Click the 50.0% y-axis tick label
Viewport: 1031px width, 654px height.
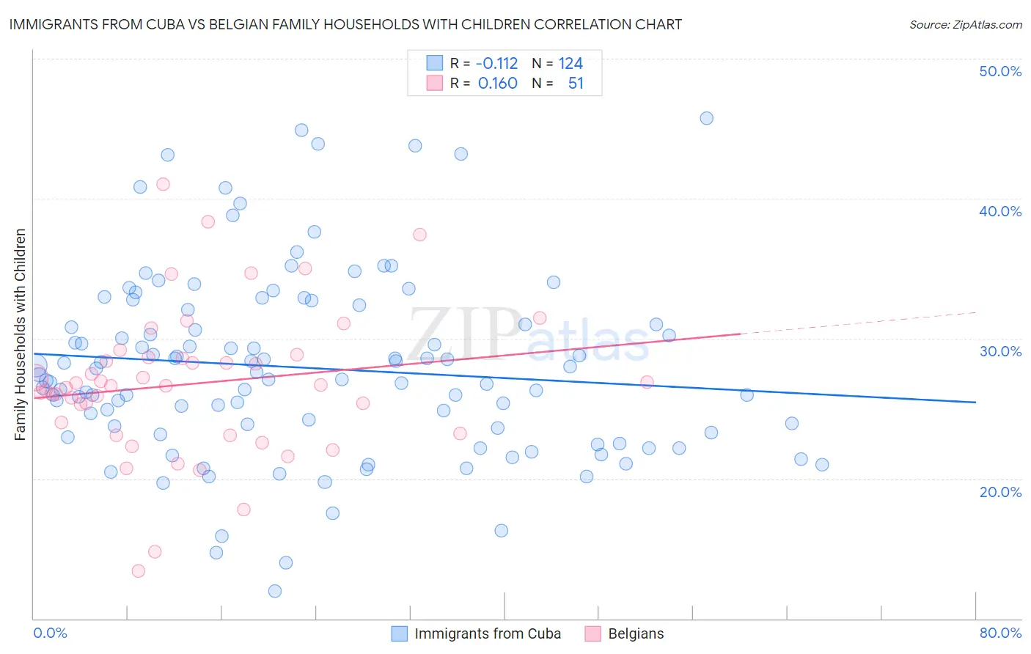pyautogui.click(x=1000, y=71)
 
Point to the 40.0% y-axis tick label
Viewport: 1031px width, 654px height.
pyautogui.click(x=1000, y=211)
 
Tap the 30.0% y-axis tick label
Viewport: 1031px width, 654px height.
pyautogui.click(x=1000, y=351)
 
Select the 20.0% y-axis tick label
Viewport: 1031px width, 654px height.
pyautogui.click(x=1000, y=491)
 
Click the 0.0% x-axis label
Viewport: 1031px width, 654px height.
pyautogui.click(x=50, y=633)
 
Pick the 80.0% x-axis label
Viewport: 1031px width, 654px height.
pyautogui.click(x=1000, y=633)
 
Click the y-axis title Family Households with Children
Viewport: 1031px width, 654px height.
pyautogui.click(x=20, y=334)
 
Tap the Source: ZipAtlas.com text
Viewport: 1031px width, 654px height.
pyautogui.click(x=965, y=24)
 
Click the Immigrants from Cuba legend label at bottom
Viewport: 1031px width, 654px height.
pyautogui.click(x=488, y=633)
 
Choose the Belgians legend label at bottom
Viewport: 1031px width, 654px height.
pyautogui.click(x=636, y=633)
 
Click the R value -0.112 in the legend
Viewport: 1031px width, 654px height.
pyautogui.click(x=497, y=63)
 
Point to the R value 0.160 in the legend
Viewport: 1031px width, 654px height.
pyautogui.click(x=497, y=83)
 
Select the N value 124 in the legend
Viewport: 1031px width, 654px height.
pyautogui.click(x=570, y=63)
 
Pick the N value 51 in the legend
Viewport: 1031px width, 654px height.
pyautogui.click(x=576, y=83)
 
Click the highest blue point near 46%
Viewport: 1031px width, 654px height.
pyautogui.click(x=706, y=118)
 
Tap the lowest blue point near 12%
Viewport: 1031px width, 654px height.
pyautogui.click(x=275, y=591)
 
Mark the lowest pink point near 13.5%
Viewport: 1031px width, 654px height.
pyautogui.click(x=138, y=570)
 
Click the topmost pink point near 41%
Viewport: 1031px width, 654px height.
pyautogui.click(x=163, y=184)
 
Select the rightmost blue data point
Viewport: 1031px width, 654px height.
pyautogui.click(x=822, y=464)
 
